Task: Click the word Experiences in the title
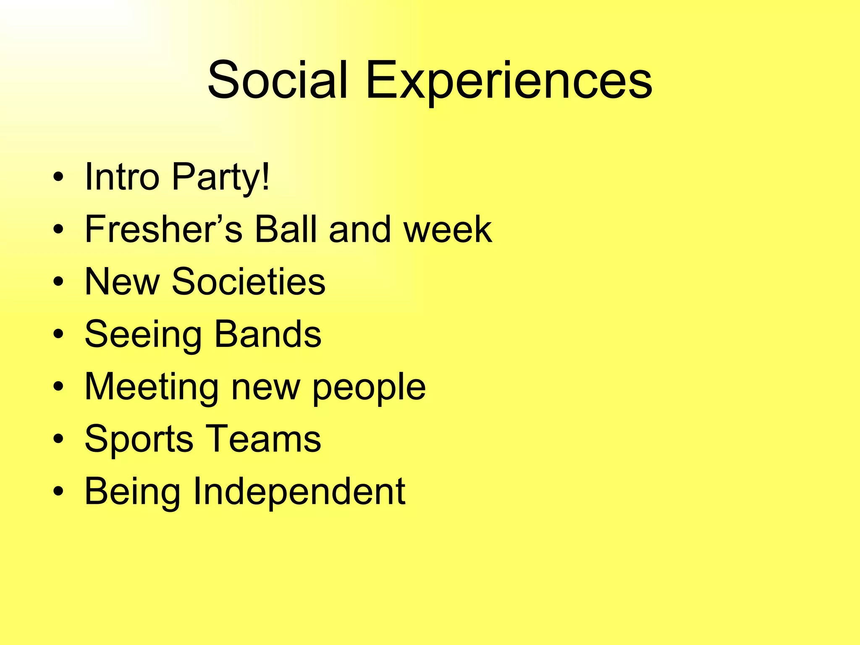[x=509, y=81]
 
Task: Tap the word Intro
[x=122, y=177]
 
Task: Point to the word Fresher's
[x=164, y=229]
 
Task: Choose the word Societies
[x=249, y=282]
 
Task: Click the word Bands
[x=268, y=334]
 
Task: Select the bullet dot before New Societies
[x=59, y=283]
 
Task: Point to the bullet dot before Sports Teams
[x=59, y=440]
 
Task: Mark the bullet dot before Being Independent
[x=59, y=492]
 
